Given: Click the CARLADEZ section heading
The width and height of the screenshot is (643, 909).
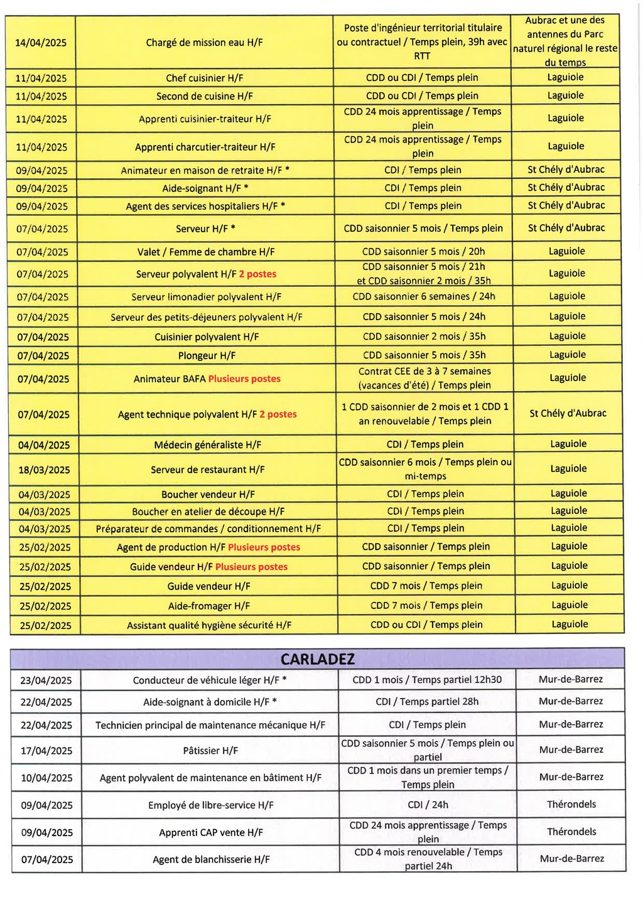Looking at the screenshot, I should pyautogui.click(x=317, y=659).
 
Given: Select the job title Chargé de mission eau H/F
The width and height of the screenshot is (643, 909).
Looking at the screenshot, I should pyautogui.click(x=204, y=43).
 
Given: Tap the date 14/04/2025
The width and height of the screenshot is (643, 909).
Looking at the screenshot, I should pyautogui.click(x=41, y=43).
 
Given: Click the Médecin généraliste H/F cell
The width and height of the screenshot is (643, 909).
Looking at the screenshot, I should pyautogui.click(x=207, y=445).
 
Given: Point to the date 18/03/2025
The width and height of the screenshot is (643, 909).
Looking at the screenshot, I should pyautogui.click(x=44, y=470).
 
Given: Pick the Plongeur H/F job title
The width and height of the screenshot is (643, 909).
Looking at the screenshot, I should pyautogui.click(x=207, y=356).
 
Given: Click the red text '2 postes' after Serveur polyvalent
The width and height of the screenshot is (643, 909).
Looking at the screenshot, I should pyautogui.click(x=257, y=274).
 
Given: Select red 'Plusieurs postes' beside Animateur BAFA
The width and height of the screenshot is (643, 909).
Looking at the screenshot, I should pyautogui.click(x=244, y=379).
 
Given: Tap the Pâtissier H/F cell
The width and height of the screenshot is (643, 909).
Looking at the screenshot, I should pyautogui.click(x=210, y=751).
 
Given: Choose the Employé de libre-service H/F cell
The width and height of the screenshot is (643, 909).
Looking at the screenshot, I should pyautogui.click(x=210, y=805).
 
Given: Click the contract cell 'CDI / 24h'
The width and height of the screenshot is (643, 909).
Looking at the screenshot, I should pyautogui.click(x=428, y=805).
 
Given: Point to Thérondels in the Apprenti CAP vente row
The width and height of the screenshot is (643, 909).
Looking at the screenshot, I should pyautogui.click(x=571, y=832).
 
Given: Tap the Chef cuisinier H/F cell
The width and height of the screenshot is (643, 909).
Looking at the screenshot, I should pyautogui.click(x=204, y=78).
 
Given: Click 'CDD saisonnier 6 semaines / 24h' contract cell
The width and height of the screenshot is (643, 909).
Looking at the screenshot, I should pyautogui.click(x=424, y=297).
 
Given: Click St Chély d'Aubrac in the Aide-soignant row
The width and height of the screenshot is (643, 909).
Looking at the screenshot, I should pyautogui.click(x=566, y=188).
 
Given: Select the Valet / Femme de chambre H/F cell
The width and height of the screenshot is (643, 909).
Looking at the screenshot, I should pyautogui.click(x=206, y=252).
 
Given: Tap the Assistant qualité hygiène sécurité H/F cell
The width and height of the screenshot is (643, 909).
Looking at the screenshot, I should pyautogui.click(x=209, y=626).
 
